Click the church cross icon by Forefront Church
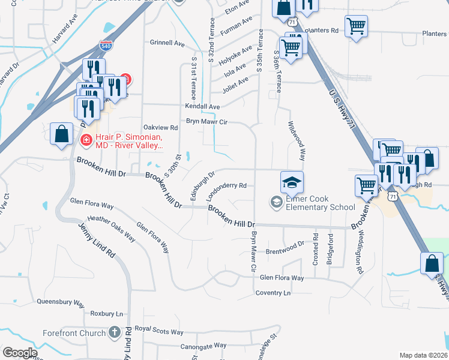115,332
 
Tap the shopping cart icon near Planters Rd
357,26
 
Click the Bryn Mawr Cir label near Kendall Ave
206,121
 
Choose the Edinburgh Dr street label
202,186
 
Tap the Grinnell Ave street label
167,43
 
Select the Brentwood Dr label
285,248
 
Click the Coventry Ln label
273,293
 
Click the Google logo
20,353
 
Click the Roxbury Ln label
106,314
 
